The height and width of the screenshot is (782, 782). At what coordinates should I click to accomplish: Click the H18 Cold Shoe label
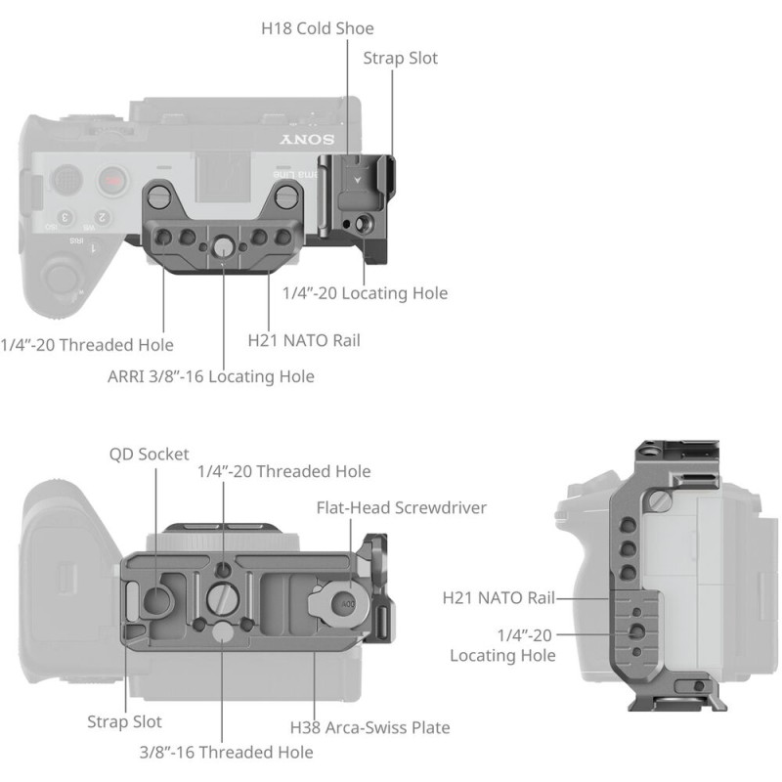317,28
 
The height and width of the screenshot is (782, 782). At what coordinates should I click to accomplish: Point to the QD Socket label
148,454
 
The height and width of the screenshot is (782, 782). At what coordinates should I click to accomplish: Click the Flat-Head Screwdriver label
401,507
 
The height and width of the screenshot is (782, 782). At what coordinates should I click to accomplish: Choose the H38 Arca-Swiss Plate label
369,727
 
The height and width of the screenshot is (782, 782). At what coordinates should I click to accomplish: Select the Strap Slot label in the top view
401,58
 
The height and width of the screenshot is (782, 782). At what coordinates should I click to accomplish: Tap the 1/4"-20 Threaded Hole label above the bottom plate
283,471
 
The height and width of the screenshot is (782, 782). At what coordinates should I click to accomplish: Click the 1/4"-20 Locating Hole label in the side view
502,645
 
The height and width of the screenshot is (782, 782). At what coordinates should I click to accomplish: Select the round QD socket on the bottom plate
155,597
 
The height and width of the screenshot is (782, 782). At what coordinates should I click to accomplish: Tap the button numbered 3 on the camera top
65,217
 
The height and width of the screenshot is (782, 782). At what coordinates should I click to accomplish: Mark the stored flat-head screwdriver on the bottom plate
337,600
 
